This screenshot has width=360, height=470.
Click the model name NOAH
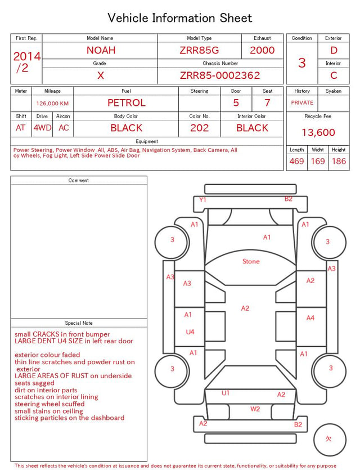point(101,50)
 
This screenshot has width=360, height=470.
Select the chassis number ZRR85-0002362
point(220,75)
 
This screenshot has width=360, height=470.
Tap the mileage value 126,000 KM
point(52,104)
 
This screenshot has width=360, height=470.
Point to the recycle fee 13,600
point(318,132)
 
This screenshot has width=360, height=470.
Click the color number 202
point(200,128)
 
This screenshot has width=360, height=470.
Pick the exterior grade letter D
point(334,50)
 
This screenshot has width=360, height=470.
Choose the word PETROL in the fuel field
point(127,103)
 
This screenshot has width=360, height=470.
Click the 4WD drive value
point(42,128)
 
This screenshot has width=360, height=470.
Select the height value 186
point(339,161)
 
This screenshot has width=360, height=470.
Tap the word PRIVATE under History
point(302,103)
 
